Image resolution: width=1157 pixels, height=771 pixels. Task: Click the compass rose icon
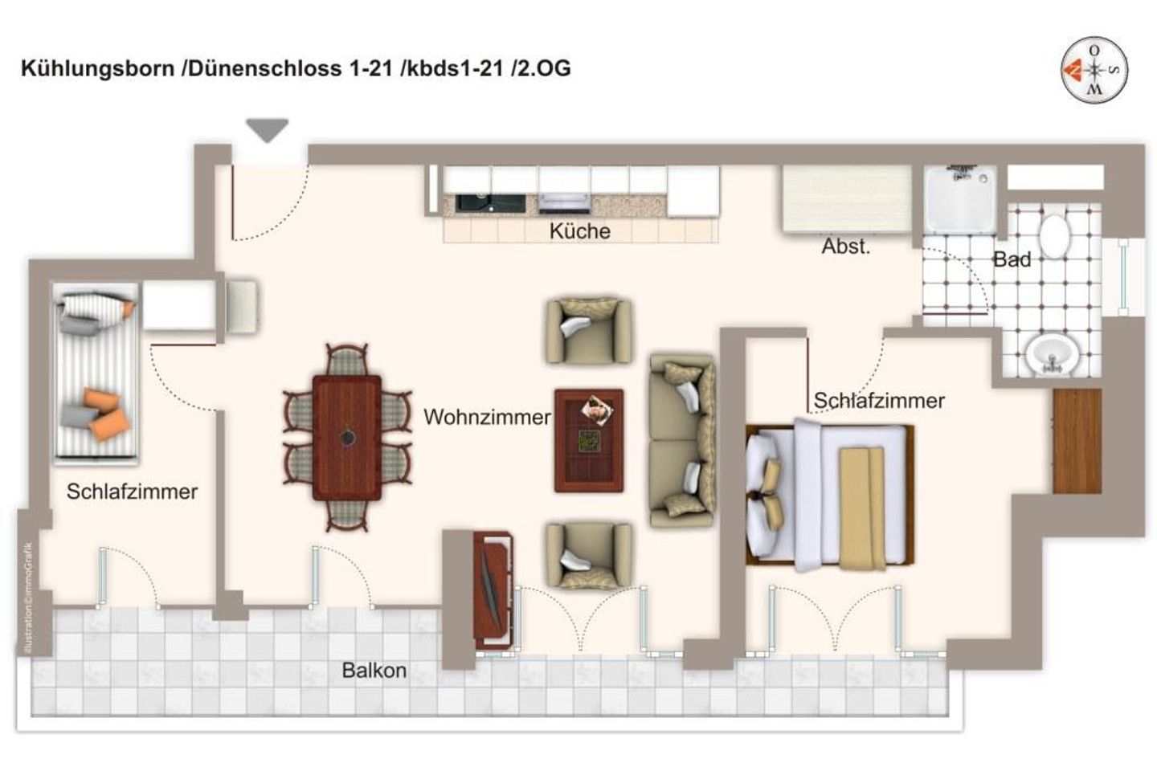pyautogui.click(x=1094, y=70)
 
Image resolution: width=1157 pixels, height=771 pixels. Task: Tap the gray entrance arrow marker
pyautogui.click(x=267, y=129)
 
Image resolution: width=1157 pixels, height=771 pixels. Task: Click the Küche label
pyautogui.click(x=579, y=231)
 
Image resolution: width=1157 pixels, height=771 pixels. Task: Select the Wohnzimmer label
pyautogui.click(x=487, y=417)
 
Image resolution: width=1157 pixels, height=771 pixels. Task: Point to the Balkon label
pyautogui.click(x=374, y=670)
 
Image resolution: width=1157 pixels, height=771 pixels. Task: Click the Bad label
pyautogui.click(x=1012, y=259)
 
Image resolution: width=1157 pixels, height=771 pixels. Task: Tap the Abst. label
pyautogui.click(x=845, y=247)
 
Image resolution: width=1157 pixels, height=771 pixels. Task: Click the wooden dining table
pyautogui.click(x=347, y=438)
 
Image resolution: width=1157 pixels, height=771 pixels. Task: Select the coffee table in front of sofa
pyautogui.click(x=589, y=440)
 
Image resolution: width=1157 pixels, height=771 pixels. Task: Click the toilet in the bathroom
pyautogui.click(x=1054, y=234)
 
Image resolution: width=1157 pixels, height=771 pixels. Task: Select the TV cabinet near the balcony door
pyautogui.click(x=492, y=589)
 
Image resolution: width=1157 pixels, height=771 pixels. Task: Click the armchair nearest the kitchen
pyautogui.click(x=588, y=330)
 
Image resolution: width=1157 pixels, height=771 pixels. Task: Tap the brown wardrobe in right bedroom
pyautogui.click(x=1077, y=441)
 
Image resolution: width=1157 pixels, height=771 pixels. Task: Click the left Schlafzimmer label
pyautogui.click(x=132, y=492)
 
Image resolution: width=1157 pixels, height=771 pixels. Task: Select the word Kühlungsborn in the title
pyautogui.click(x=97, y=68)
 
